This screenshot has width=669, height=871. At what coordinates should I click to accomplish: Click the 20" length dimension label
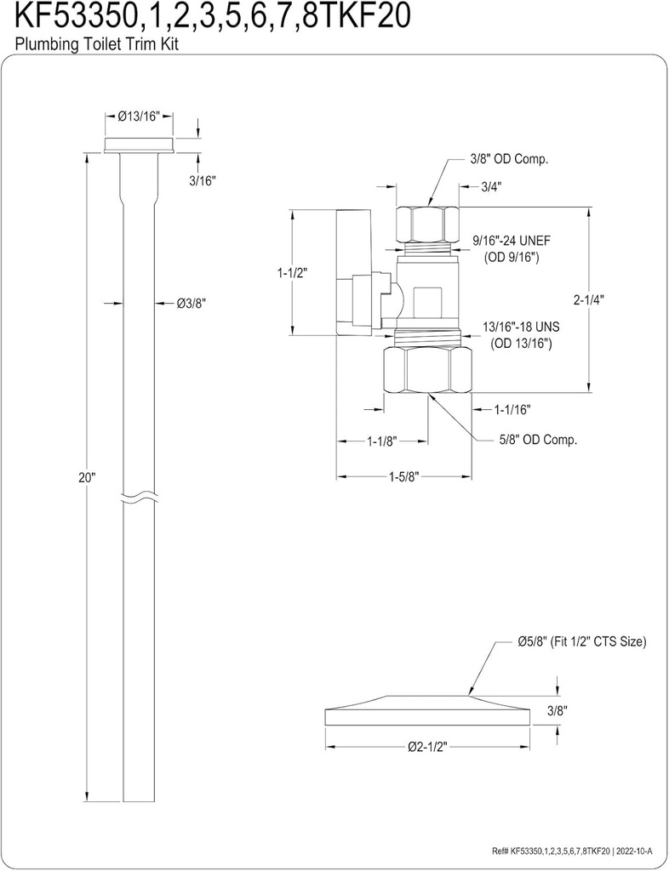88,478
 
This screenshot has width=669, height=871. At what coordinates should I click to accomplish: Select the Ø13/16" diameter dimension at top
140,116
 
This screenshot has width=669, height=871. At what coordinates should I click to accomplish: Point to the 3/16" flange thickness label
203,180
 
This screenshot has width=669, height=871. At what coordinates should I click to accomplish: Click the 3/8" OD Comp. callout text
509,159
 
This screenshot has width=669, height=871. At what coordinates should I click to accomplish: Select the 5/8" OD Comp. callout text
538,440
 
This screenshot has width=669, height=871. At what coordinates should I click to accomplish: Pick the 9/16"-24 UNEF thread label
517,242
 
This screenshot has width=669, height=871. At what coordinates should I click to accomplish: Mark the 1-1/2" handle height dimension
292,273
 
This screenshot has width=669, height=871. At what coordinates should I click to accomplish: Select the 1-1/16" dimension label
512,410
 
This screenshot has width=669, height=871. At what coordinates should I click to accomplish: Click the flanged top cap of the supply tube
140,145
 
